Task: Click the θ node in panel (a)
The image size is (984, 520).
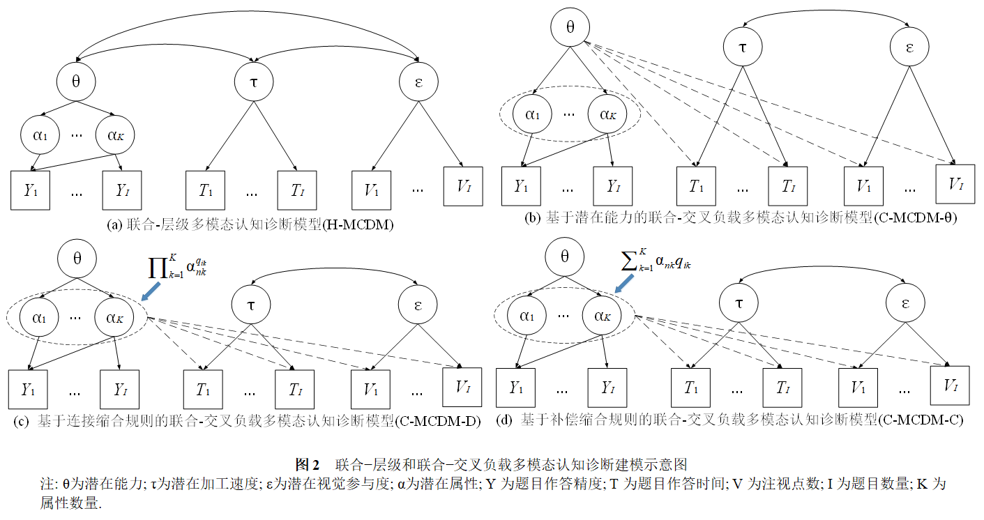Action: point(76,81)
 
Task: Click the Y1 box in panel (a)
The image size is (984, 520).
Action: point(30,189)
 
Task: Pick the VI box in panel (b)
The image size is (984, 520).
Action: point(955,183)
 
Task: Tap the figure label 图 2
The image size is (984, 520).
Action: point(307,464)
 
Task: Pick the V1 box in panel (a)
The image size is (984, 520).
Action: point(374,189)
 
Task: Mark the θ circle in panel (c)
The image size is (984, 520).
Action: point(77,258)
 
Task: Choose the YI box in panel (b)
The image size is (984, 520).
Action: point(613,186)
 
